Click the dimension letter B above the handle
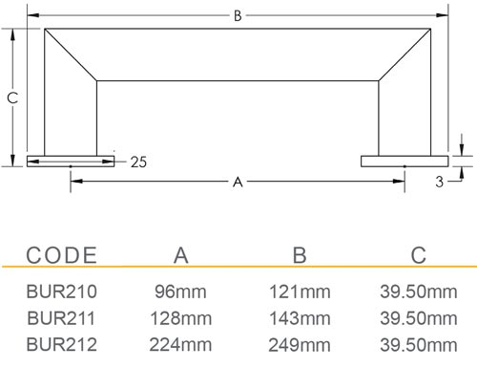tap(238, 15)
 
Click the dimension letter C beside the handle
tap(12, 97)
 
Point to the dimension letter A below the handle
tap(238, 182)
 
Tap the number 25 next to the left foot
tap(138, 162)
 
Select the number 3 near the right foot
tap(439, 182)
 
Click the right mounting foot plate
tap(404, 162)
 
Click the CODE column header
tap(62, 255)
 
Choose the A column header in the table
tap(181, 255)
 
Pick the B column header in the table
tap(300, 255)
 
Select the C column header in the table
tap(419, 255)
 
